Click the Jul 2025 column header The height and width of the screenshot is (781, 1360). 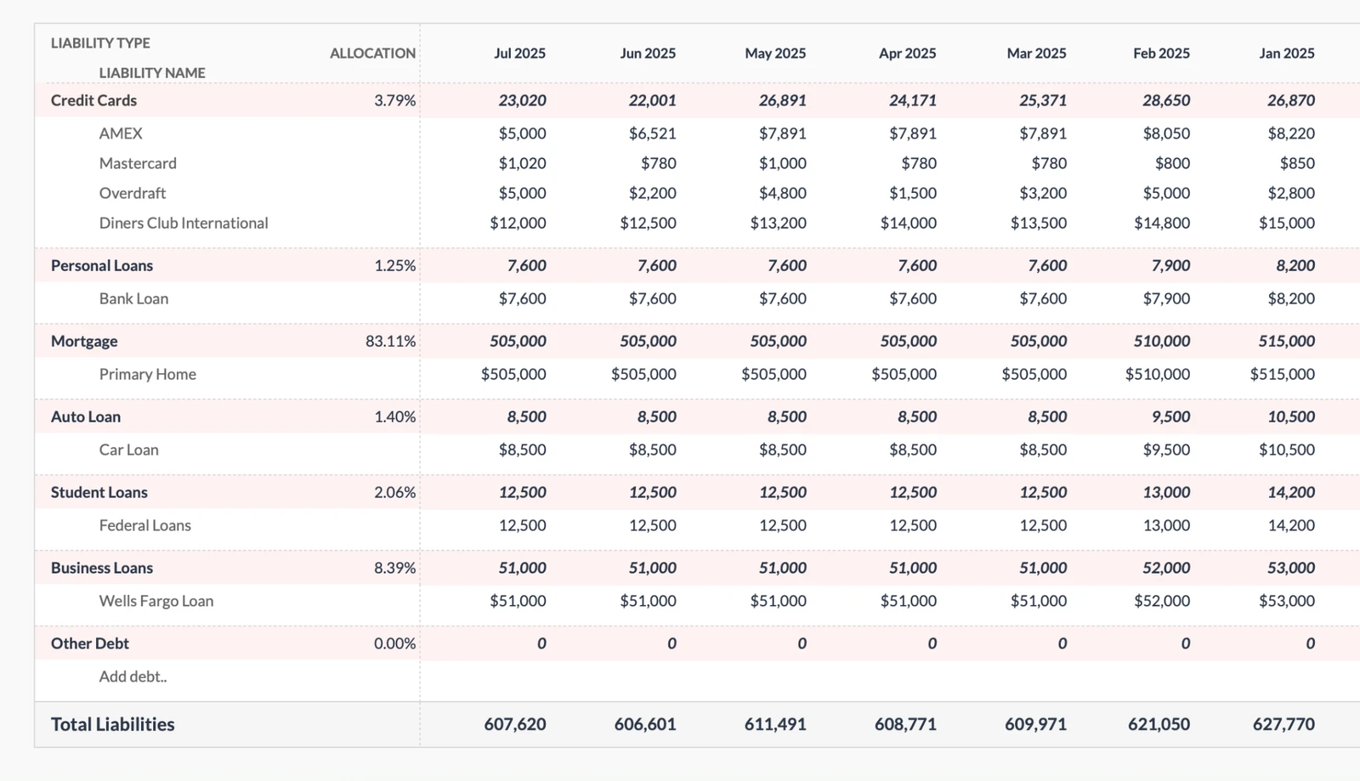click(x=519, y=54)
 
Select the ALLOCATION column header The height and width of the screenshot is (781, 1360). click(x=372, y=54)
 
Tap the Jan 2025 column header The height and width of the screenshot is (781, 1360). click(x=1286, y=54)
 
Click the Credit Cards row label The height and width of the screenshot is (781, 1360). click(x=93, y=100)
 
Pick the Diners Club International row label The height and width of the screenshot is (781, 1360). click(x=184, y=224)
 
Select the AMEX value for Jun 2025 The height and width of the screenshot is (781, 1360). click(x=652, y=133)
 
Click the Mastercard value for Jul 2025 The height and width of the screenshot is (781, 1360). click(x=522, y=163)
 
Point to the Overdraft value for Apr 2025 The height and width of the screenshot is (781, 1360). click(x=912, y=194)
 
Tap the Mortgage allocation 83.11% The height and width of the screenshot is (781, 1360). click(x=390, y=342)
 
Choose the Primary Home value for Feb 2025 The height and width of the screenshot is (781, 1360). click(x=1157, y=374)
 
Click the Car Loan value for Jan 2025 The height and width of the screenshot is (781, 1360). click(x=1286, y=450)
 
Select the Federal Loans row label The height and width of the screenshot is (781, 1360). click(x=145, y=525)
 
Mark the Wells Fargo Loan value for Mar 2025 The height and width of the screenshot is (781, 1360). click(x=1038, y=601)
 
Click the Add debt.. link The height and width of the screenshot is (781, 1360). click(x=133, y=676)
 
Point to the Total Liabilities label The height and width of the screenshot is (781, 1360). click(x=112, y=724)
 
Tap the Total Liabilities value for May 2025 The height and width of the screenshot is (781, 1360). click(x=774, y=724)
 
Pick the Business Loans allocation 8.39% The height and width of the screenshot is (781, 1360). click(x=394, y=568)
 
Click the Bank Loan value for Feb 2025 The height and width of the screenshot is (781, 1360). click(x=1165, y=298)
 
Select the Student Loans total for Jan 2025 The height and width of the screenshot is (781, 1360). click(x=1290, y=492)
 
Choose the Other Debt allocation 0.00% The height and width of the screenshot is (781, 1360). click(x=394, y=643)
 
